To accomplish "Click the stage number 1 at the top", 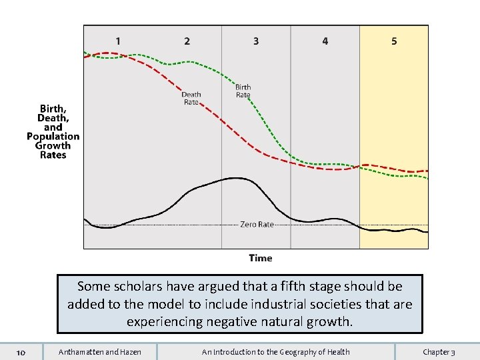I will [118, 41].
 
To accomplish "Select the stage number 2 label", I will [187, 41].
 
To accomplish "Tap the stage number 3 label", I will [256, 41].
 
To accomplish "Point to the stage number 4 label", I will [325, 41].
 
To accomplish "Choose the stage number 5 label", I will [394, 41].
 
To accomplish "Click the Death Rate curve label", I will [191, 98].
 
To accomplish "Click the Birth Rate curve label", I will [243, 91].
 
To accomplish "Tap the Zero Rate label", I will [257, 225].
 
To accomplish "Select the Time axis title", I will [261, 258].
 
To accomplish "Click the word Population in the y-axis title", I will [53, 136].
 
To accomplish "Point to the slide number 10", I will [21, 352].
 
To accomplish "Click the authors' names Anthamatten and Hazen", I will [100, 352].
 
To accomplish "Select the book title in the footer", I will [276, 352].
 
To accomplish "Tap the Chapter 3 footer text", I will [439, 352].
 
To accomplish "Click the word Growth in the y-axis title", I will [53, 145].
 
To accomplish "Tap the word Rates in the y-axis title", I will [53, 155].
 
